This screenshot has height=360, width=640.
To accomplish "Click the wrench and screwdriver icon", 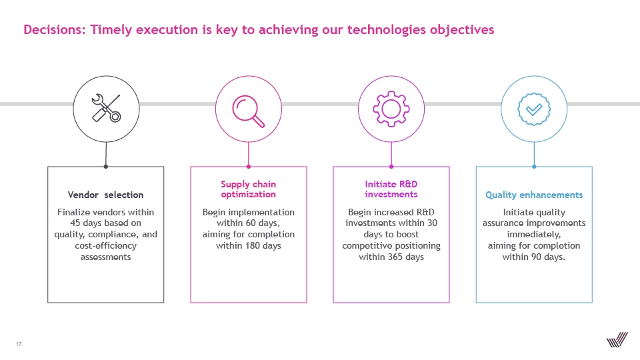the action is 106,108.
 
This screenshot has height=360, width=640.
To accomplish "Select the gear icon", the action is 391,109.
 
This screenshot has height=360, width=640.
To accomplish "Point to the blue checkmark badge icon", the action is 534,109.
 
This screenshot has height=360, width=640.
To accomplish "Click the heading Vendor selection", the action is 106,195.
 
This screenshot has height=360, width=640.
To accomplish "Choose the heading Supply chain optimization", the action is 248,189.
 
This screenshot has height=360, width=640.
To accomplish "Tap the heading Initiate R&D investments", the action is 391,189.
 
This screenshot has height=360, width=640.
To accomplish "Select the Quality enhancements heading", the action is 534,195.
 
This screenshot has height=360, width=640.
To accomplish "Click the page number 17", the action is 19,344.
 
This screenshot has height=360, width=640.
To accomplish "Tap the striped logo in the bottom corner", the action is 617,339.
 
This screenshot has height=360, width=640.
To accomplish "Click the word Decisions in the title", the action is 54,29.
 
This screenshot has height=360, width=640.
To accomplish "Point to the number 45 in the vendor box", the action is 75,223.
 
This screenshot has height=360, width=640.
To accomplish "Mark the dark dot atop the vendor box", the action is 106,167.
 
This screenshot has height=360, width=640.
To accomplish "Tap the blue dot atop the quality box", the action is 534,167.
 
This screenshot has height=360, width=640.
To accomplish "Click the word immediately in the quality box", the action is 534,235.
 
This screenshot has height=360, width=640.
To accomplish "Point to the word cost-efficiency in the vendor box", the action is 106,246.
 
